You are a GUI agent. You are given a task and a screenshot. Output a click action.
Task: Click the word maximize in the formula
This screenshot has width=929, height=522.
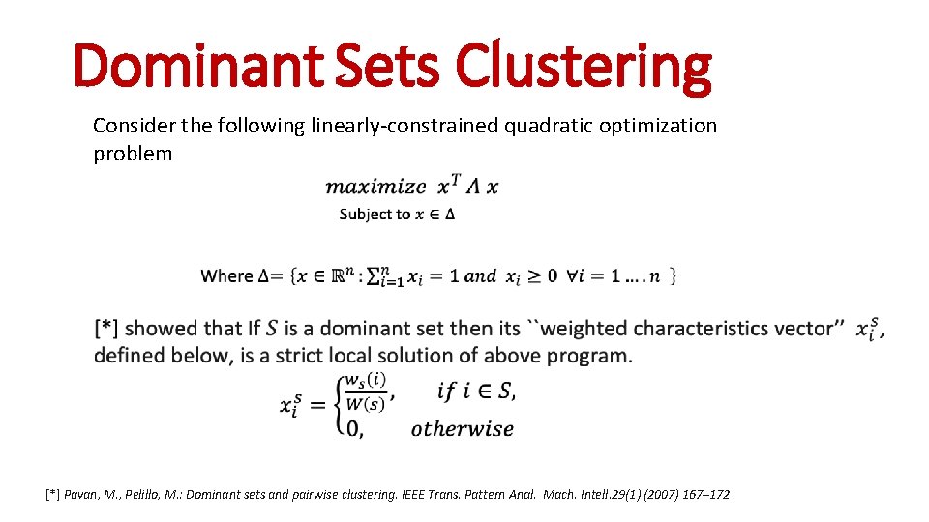(x=375, y=188)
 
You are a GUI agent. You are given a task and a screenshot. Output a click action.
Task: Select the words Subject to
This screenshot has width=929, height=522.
(x=375, y=214)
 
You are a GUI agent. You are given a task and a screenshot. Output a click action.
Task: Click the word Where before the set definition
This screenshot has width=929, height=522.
(x=226, y=276)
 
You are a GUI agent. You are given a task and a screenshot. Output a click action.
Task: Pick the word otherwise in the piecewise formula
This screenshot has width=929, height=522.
(x=462, y=429)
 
